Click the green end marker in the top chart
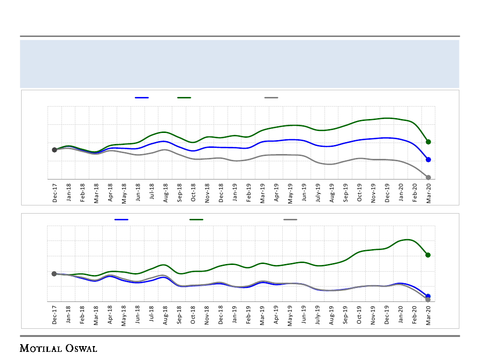coord(428,142)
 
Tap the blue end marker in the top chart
coord(428,159)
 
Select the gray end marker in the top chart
coord(428,178)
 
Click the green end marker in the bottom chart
coord(428,255)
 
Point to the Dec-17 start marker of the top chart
coord(54,150)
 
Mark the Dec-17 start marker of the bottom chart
coord(54,274)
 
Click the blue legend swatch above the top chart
coord(142,97)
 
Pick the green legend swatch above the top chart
coord(184,97)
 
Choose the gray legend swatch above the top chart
coord(271,97)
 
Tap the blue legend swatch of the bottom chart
coord(121,219)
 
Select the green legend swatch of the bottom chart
coord(196,219)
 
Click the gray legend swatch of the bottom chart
coord(290,219)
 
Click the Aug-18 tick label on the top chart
coord(166,192)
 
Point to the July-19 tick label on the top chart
coord(318,193)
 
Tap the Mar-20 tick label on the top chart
coord(428,192)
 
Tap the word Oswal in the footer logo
coord(81,348)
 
